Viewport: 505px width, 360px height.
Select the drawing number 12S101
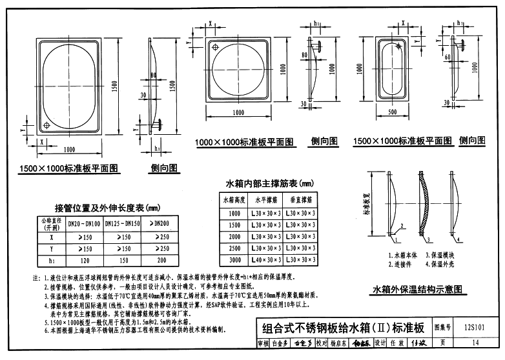pos(473,327)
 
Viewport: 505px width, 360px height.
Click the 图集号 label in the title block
pos(446,327)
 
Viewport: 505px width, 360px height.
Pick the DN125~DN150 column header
pos(122,224)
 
